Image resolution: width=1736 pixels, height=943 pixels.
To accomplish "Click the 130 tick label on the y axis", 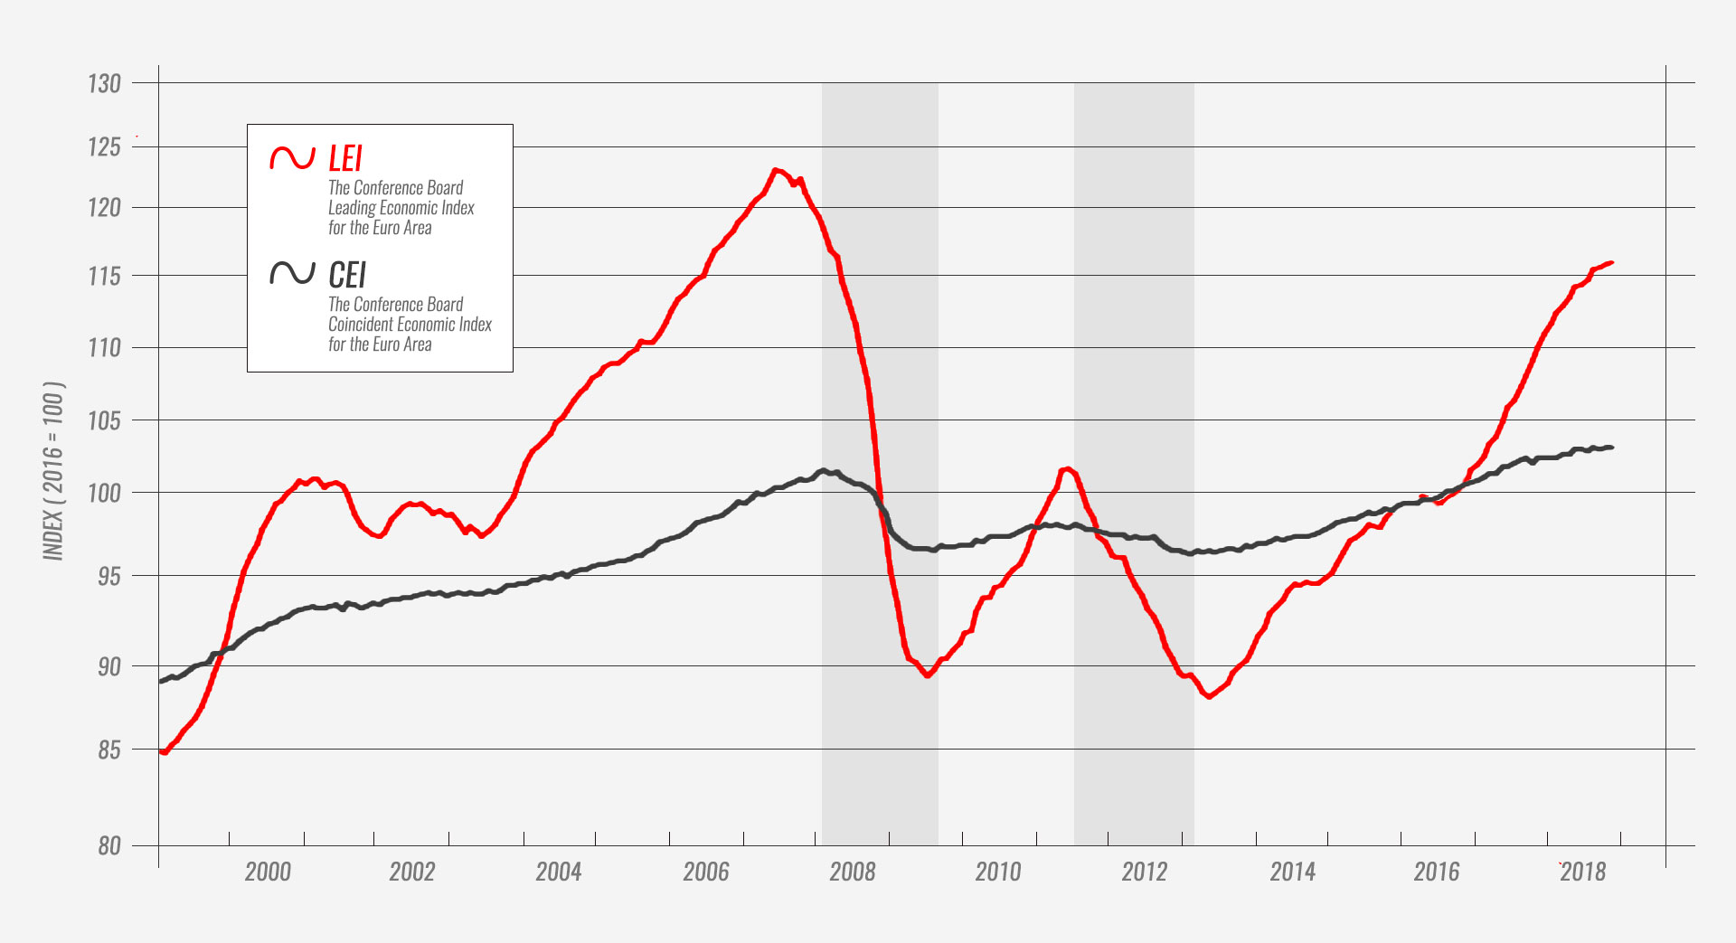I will click(x=104, y=84).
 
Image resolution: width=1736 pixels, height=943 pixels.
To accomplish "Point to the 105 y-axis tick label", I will click(x=104, y=420).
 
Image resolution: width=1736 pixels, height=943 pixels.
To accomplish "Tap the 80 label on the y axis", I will click(x=109, y=846).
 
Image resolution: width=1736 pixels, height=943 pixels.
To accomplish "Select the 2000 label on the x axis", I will click(x=268, y=872).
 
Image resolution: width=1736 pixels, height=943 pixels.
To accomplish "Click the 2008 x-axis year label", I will click(x=853, y=872).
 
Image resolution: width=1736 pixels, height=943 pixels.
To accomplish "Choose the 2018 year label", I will click(x=1583, y=872).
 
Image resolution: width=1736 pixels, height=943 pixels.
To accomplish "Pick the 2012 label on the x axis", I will click(x=1145, y=872).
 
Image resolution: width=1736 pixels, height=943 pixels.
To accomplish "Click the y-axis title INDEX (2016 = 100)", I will click(x=54, y=470).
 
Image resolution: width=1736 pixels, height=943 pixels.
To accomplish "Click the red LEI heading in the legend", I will click(x=345, y=159).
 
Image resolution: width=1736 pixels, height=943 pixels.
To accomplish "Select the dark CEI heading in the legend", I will click(x=347, y=275).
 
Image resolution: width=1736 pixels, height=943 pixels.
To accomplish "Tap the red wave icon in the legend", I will click(x=292, y=158).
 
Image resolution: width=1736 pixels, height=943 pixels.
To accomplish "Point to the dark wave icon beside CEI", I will click(x=292, y=273).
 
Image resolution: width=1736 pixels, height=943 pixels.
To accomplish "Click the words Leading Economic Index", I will click(x=401, y=208).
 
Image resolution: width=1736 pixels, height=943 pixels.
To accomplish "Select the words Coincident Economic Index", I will click(x=410, y=325).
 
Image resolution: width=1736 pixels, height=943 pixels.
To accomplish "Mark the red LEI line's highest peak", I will click(x=776, y=169).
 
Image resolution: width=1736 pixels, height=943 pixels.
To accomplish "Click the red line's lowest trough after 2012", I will click(x=1209, y=696).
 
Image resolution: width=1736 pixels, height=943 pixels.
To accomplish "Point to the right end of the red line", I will click(x=1612, y=263).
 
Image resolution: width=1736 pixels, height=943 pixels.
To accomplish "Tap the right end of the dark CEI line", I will click(x=1612, y=448).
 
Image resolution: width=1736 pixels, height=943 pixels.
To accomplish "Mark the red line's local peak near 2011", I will click(x=1068, y=468).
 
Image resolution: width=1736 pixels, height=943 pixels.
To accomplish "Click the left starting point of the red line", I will click(x=161, y=751).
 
